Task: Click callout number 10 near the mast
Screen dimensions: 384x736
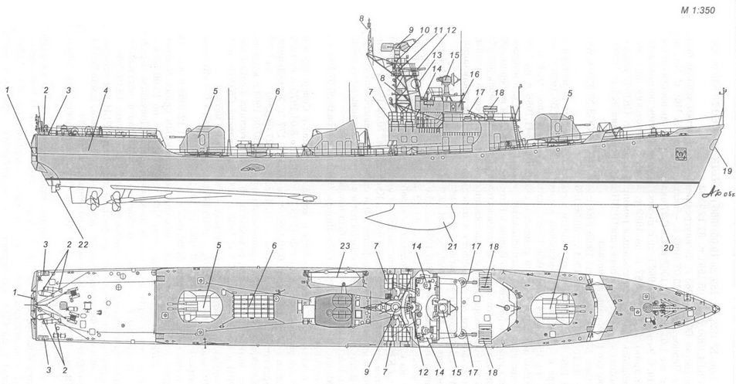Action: point(424,29)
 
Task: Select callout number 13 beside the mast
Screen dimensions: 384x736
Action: point(436,56)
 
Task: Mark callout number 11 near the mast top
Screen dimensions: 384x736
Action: point(438,29)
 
